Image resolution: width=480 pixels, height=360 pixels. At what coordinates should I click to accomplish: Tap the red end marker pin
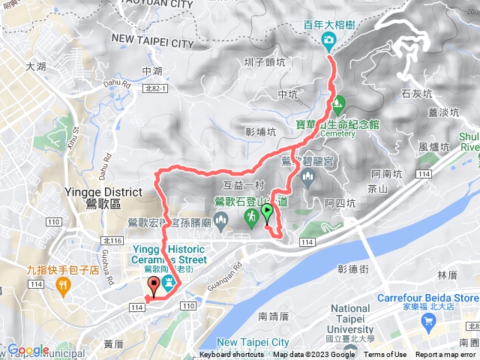[x=155, y=285]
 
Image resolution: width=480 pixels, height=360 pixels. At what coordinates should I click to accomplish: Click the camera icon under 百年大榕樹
[x=328, y=39]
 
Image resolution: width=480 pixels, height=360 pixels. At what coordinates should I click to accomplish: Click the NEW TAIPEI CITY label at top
[x=152, y=43]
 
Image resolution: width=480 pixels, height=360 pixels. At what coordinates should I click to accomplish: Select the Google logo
[x=28, y=349]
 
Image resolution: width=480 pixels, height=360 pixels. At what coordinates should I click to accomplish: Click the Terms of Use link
[x=385, y=355]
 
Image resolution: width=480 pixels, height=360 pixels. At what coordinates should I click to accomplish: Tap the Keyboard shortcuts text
[x=232, y=355]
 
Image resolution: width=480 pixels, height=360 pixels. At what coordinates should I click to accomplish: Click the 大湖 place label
[x=36, y=67]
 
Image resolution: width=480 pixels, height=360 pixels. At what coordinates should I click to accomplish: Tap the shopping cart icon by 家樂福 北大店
[x=429, y=323]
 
